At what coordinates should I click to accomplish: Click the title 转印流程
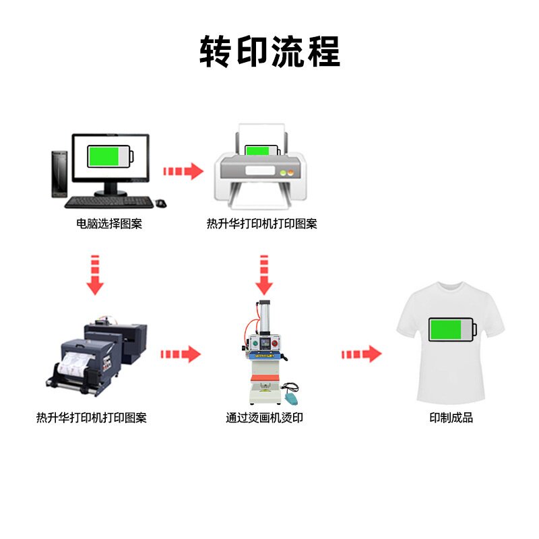pyautogui.click(x=269, y=52)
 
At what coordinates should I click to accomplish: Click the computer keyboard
pyautogui.click(x=108, y=201)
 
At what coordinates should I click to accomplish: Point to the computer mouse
pyautogui.click(x=160, y=203)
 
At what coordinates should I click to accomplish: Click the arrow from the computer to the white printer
pyautogui.click(x=183, y=171)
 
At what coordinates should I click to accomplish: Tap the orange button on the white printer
pyautogui.click(x=292, y=172)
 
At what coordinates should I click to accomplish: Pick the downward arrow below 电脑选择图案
pyautogui.click(x=95, y=274)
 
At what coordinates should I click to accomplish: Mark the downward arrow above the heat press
pyautogui.click(x=264, y=274)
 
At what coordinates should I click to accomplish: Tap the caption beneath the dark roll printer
pyautogui.click(x=92, y=418)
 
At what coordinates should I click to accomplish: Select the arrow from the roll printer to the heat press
pyautogui.click(x=181, y=354)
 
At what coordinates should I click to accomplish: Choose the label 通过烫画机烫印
pyautogui.click(x=264, y=418)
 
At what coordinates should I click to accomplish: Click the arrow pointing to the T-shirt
pyautogui.click(x=362, y=354)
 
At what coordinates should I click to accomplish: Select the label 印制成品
pyautogui.click(x=451, y=418)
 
